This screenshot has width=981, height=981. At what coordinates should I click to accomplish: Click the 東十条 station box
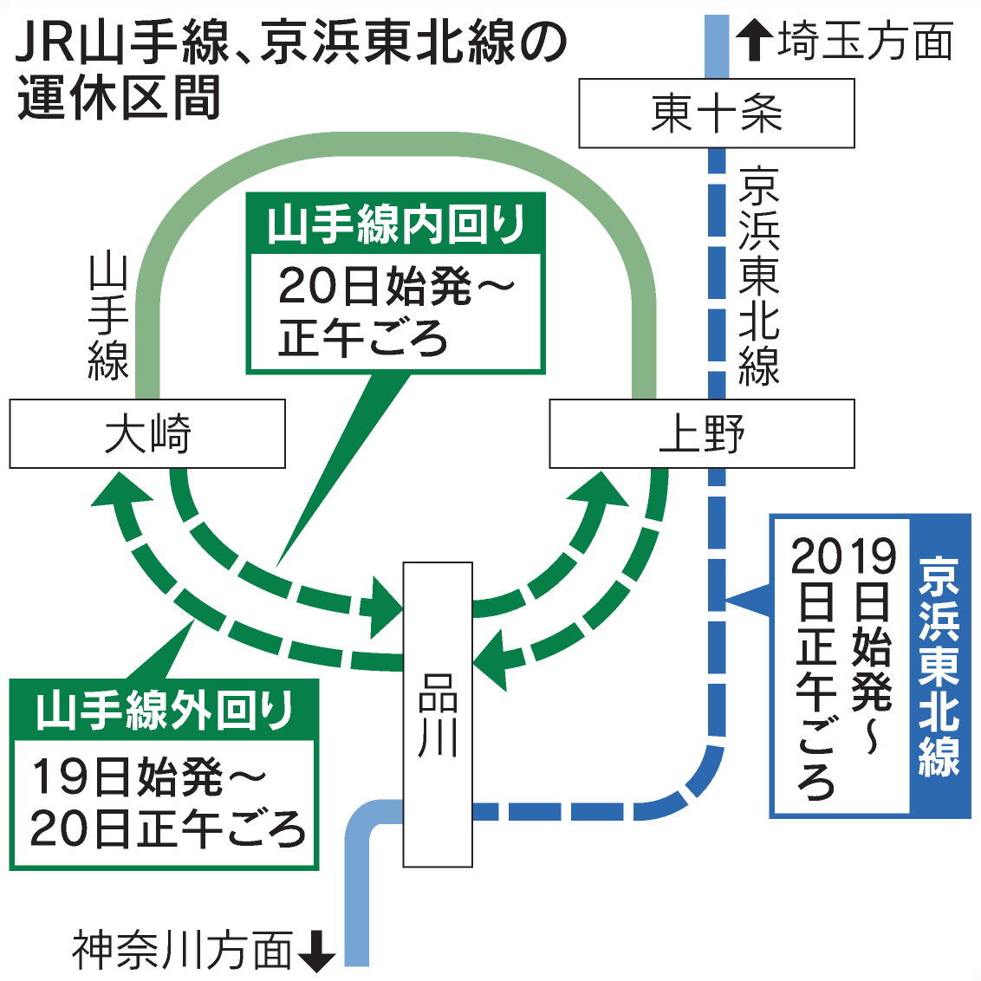(716, 114)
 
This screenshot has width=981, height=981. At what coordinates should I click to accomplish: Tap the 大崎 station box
(147, 433)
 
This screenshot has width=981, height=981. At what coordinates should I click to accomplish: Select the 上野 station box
(702, 433)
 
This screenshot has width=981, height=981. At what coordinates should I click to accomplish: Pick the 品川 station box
(438, 714)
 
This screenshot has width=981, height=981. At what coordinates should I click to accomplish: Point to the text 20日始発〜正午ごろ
(395, 312)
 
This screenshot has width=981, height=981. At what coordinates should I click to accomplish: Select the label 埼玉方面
(864, 42)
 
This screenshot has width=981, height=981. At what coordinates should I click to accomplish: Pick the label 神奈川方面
(182, 951)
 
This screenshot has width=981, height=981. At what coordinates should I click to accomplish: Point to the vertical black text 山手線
(108, 316)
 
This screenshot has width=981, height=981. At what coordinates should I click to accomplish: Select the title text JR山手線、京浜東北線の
(291, 44)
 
